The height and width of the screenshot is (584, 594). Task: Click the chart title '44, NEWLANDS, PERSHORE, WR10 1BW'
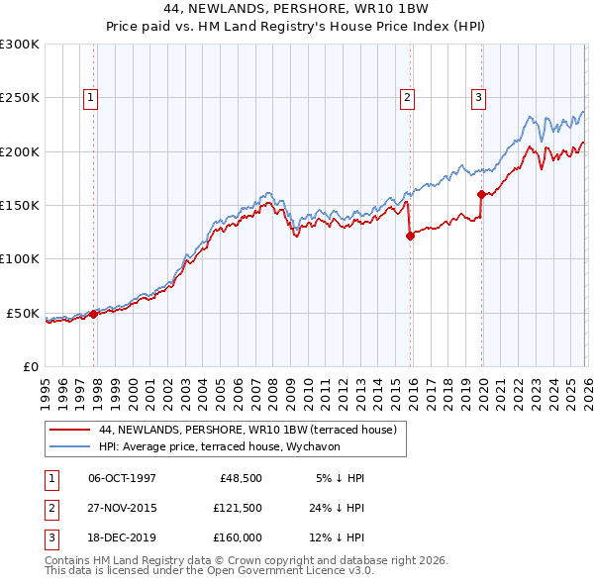pyautogui.click(x=297, y=9)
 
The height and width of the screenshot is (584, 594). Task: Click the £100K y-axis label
pyautogui.click(x=20, y=258)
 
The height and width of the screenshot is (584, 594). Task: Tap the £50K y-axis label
pyautogui.click(x=24, y=313)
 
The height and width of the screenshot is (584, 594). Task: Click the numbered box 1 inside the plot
pyautogui.click(x=90, y=97)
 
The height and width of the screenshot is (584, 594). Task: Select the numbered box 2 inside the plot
pyautogui.click(x=407, y=97)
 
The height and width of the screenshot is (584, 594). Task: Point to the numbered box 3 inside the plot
pyautogui.click(x=478, y=97)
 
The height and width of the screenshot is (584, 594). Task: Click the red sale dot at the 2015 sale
pyautogui.click(x=410, y=236)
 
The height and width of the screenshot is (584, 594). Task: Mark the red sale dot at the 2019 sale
pyautogui.click(x=481, y=195)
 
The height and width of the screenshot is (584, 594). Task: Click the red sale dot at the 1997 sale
pyautogui.click(x=94, y=314)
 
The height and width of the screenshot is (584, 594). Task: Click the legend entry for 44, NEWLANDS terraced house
pyautogui.click(x=247, y=430)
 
